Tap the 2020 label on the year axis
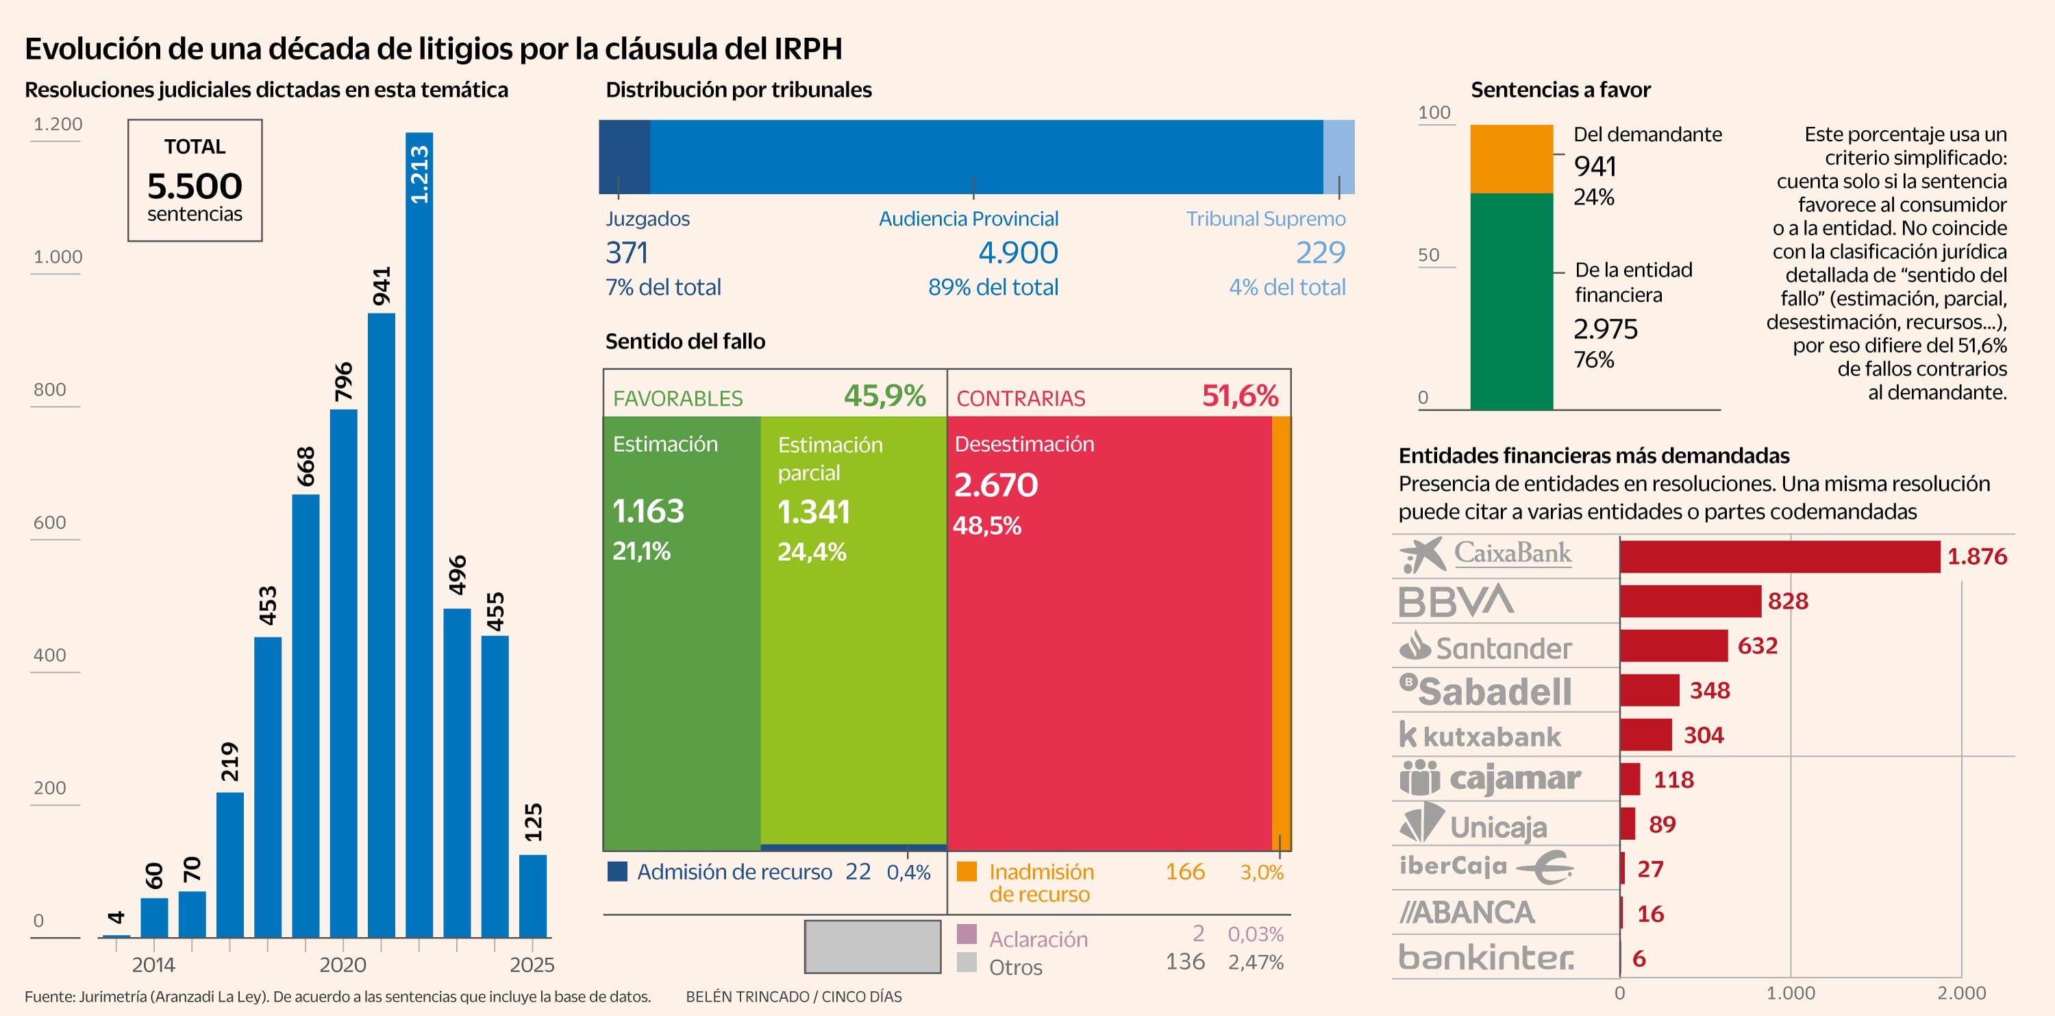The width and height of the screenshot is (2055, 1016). pos(342,965)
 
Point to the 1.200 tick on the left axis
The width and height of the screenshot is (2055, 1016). pos(58,125)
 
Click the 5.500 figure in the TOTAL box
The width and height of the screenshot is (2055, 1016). pos(195,186)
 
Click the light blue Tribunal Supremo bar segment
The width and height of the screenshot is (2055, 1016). pos(1338,156)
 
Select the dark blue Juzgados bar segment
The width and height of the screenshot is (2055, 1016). pos(624,156)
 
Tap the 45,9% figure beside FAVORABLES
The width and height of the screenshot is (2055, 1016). pos(885,396)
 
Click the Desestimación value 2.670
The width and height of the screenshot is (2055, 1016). pos(995,485)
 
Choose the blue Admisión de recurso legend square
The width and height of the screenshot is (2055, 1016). pos(616,871)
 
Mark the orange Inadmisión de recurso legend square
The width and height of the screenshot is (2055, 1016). pos(966,871)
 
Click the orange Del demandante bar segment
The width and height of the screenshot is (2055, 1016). pos(1511,159)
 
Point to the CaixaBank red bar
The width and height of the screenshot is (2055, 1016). pos(1779,556)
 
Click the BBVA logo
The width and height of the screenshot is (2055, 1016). pos(1456,601)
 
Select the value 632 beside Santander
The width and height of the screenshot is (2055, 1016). pos(1758,646)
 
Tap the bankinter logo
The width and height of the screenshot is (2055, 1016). pos(1485,957)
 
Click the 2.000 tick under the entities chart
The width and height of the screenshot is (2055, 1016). pos(1961,993)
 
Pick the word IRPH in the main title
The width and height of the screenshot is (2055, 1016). pos(808,49)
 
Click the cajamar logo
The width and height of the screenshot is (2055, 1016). pos(1489,778)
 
